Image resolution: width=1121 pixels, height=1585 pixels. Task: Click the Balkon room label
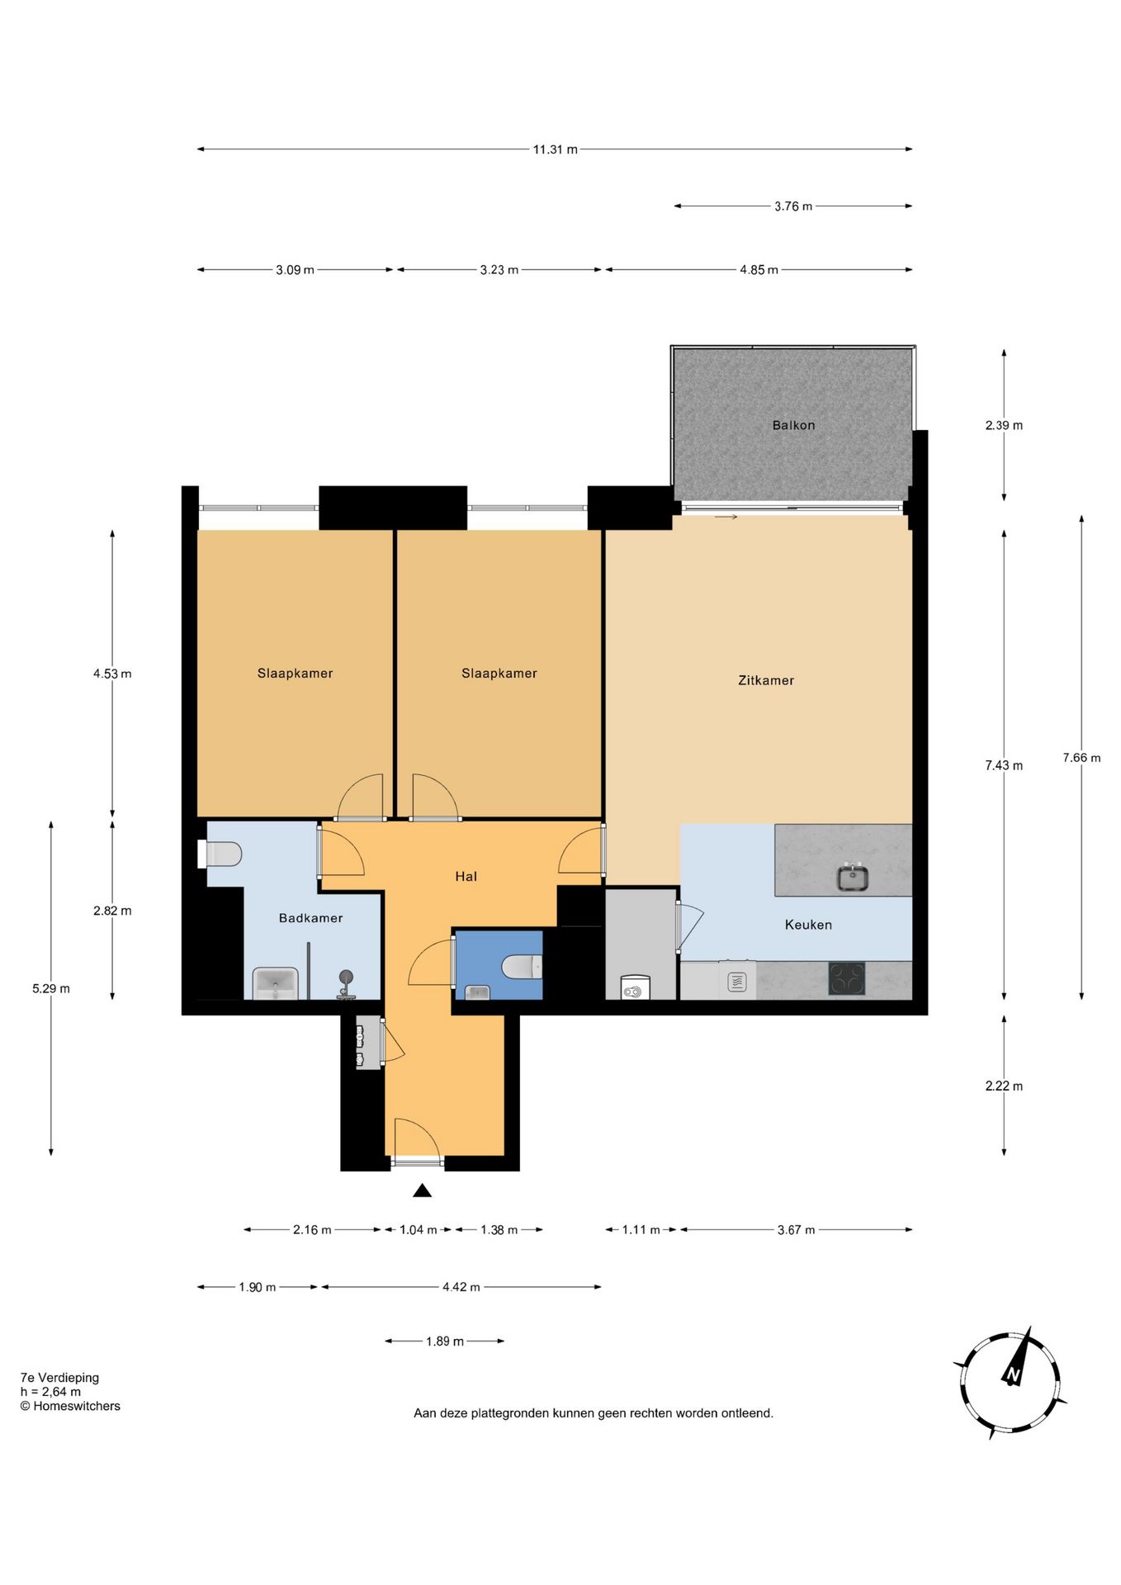(793, 425)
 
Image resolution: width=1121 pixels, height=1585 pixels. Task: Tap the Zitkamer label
(766, 680)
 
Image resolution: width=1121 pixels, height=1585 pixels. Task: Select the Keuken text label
(808, 925)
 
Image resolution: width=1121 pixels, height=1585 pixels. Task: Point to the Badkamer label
(310, 918)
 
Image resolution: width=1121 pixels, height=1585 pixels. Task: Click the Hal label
(466, 877)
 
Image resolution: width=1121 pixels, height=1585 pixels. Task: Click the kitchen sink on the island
(853, 877)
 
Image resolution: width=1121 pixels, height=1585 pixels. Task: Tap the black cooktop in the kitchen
(847, 979)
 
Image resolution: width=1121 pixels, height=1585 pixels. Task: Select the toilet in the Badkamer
(220, 854)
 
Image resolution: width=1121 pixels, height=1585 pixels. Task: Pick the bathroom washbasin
(276, 983)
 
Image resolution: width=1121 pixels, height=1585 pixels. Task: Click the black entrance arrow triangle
(423, 1190)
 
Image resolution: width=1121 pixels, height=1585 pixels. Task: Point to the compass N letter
(1012, 1374)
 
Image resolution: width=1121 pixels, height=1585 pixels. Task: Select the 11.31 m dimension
(555, 149)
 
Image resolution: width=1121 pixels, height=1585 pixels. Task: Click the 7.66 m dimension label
(1081, 758)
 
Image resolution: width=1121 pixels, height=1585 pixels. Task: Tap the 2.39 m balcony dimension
(1004, 425)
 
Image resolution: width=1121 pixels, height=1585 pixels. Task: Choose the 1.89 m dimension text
(445, 1341)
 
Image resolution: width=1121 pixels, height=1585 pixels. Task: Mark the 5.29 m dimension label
(51, 988)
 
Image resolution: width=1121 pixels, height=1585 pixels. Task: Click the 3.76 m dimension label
(793, 206)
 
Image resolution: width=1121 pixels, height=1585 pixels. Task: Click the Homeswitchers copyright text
(70, 1406)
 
